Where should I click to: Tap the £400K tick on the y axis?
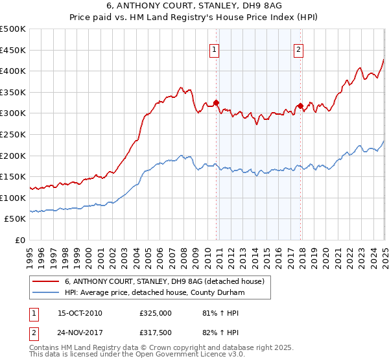[13, 71]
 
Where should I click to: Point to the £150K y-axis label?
[13, 176]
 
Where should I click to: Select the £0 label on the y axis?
[19, 240]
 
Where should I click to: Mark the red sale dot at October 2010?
[217, 102]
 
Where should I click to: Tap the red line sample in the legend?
[46, 282]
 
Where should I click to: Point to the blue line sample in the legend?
[46, 293]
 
